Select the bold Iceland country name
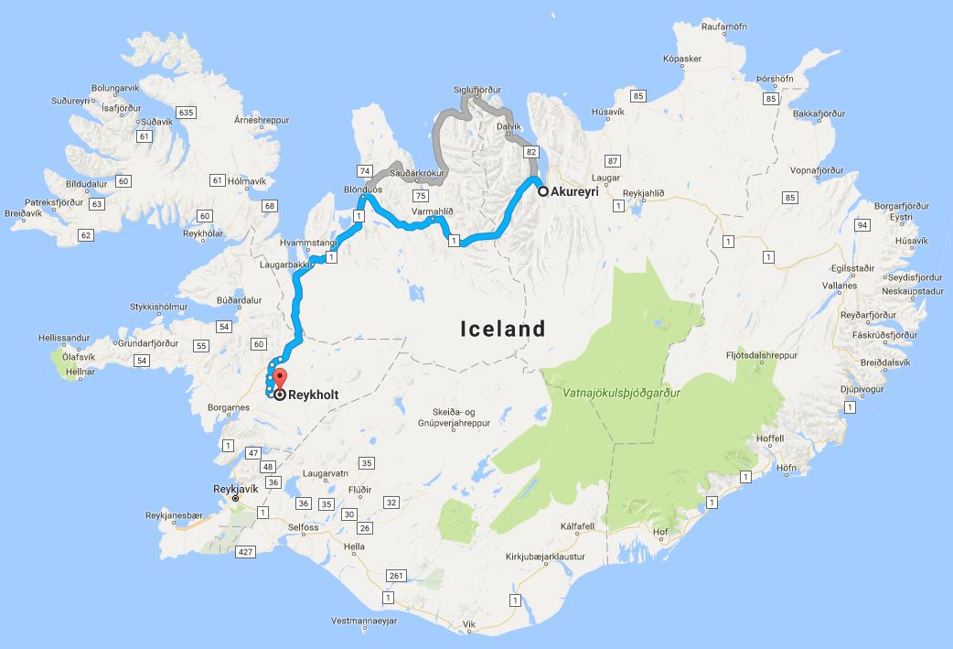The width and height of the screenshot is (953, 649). pyautogui.click(x=502, y=329)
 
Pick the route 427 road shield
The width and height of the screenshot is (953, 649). pyautogui.click(x=244, y=551)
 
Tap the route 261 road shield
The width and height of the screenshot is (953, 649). pyautogui.click(x=394, y=575)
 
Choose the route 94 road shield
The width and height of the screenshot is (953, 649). pyautogui.click(x=861, y=225)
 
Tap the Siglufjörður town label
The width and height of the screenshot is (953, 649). pyautogui.click(x=478, y=90)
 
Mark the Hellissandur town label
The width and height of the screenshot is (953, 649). pyautogui.click(x=67, y=337)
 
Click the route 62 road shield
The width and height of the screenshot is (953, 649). pyautogui.click(x=86, y=235)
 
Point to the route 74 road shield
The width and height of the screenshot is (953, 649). pyautogui.click(x=364, y=171)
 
